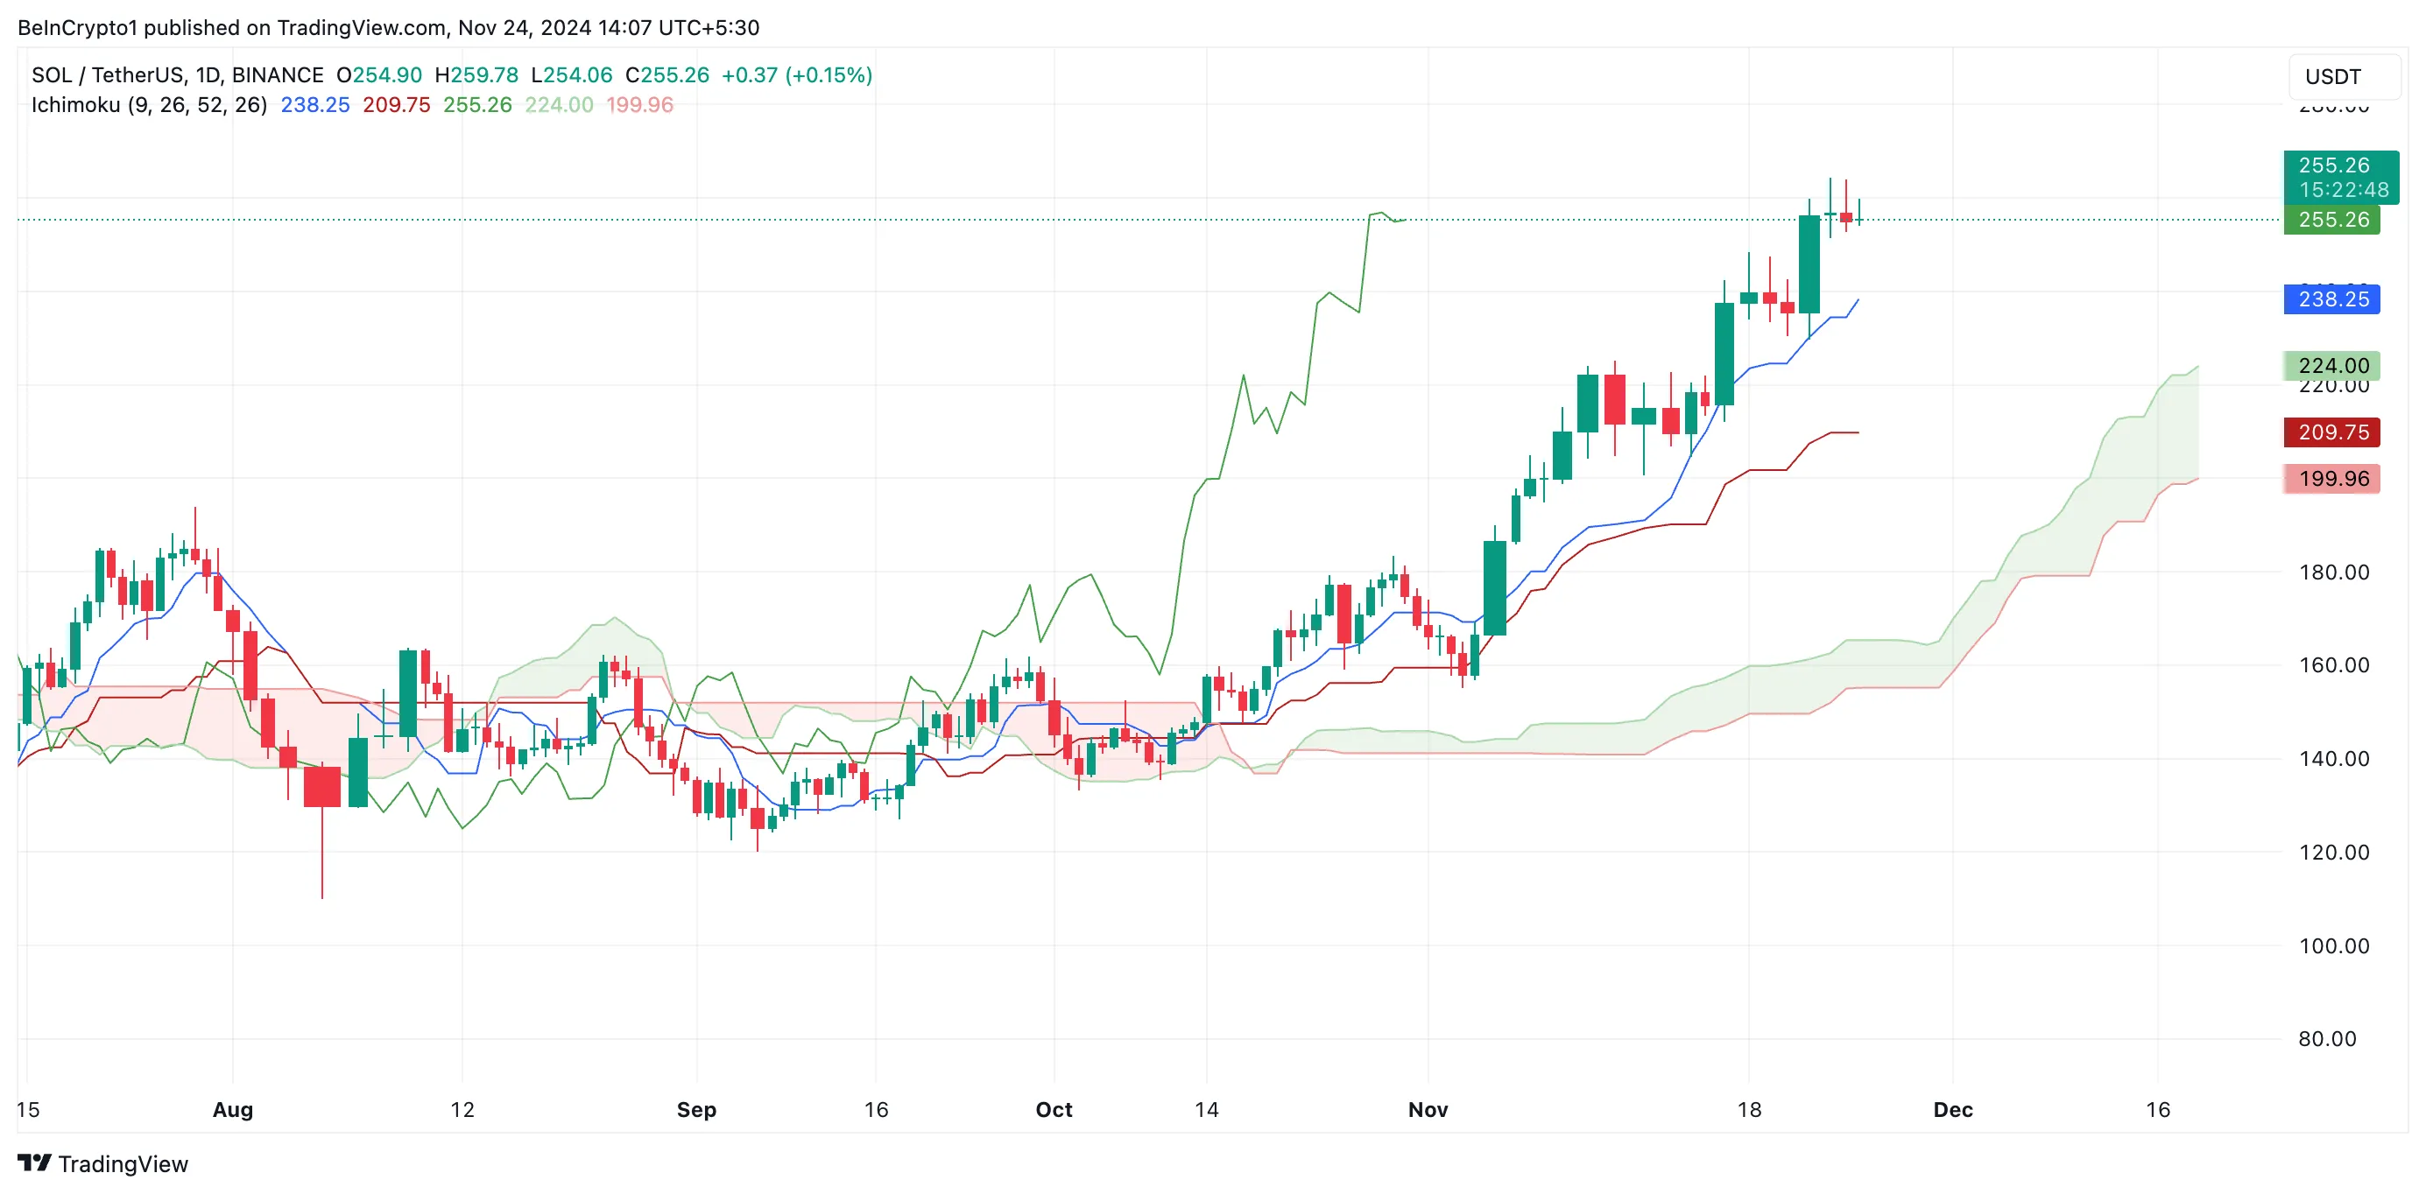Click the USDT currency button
pyautogui.click(x=2333, y=77)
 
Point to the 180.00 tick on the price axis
pyautogui.click(x=2334, y=572)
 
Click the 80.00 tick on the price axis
pyautogui.click(x=2327, y=1039)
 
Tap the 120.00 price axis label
pyautogui.click(x=2334, y=853)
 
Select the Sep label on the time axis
pyautogui.click(x=696, y=1109)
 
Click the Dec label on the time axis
pyautogui.click(x=1952, y=1109)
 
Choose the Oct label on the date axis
pyautogui.click(x=1054, y=1109)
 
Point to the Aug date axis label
pyautogui.click(x=233, y=1109)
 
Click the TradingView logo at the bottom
pyautogui.click(x=103, y=1164)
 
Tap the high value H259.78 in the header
pyautogui.click(x=476, y=75)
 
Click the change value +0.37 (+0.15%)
pyautogui.click(x=797, y=75)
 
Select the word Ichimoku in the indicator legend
pyautogui.click(x=75, y=104)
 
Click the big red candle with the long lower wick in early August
pyautogui.click(x=322, y=786)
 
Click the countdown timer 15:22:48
pyautogui.click(x=2343, y=190)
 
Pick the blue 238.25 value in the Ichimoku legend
pyautogui.click(x=314, y=104)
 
